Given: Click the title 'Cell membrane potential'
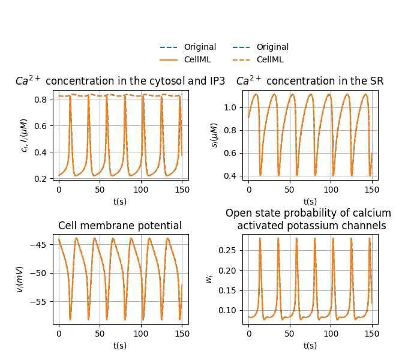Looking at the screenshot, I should coord(120,226).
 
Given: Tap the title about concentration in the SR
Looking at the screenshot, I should coord(310,81).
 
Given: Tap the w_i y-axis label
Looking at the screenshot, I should coord(210,279).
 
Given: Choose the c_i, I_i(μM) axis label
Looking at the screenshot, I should coord(25,135).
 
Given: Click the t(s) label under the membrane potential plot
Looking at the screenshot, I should coord(120,346).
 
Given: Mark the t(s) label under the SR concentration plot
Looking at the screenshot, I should coord(310,202).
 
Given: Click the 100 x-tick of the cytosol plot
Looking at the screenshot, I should coord(141,188).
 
